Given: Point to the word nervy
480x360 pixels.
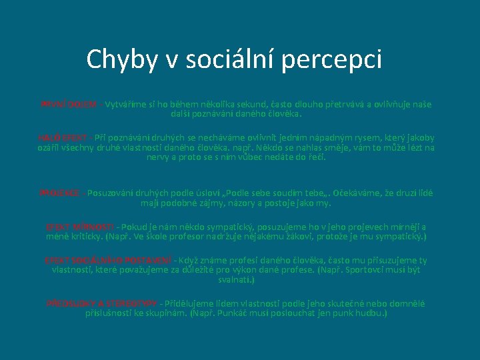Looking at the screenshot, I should (159, 157).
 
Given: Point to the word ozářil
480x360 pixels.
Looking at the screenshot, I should (51, 147).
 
